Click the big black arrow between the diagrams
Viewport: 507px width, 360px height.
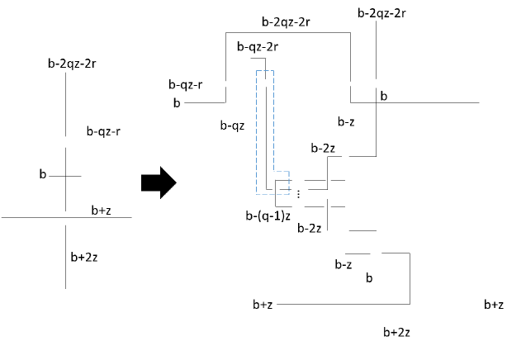coord(159,182)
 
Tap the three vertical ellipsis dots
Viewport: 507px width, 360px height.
coord(298,194)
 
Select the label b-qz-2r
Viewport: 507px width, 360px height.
coord(258,47)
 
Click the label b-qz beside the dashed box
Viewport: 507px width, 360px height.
coord(232,126)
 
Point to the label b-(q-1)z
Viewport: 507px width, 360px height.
coord(268,216)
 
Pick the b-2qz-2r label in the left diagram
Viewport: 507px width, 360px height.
coord(72,64)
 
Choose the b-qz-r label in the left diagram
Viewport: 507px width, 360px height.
coord(103,131)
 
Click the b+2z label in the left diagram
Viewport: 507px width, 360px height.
coord(84,258)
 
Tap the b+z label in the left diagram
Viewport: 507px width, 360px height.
coord(102,211)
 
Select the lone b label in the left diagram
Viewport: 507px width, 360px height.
coord(43,174)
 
